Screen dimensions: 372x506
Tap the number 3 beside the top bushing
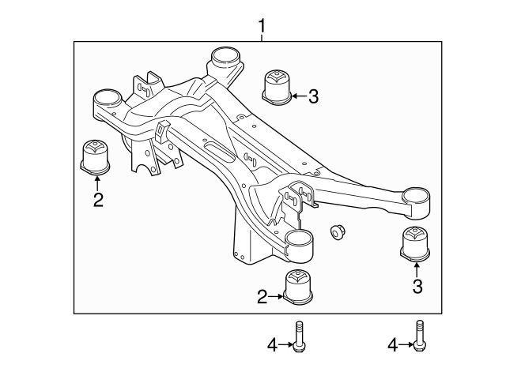pyautogui.click(x=313, y=96)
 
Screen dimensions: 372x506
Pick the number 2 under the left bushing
pyautogui.click(x=98, y=200)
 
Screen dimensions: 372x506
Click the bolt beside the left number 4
pyautogui.click(x=300, y=339)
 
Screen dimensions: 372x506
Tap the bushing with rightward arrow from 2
pyautogui.click(x=299, y=286)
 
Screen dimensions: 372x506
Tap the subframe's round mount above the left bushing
pyautogui.click(x=105, y=101)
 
